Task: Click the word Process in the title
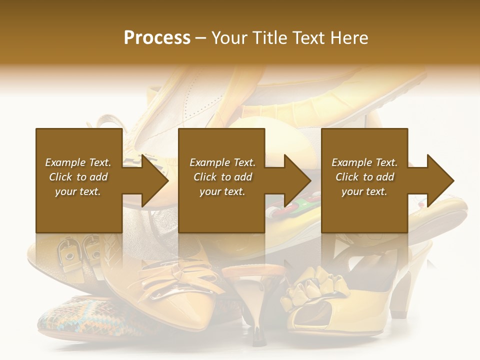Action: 157,38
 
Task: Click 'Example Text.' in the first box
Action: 78,162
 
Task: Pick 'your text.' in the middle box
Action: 222,191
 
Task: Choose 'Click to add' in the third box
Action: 364,177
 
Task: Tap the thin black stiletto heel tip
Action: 257,337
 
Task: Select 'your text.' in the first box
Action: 78,191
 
